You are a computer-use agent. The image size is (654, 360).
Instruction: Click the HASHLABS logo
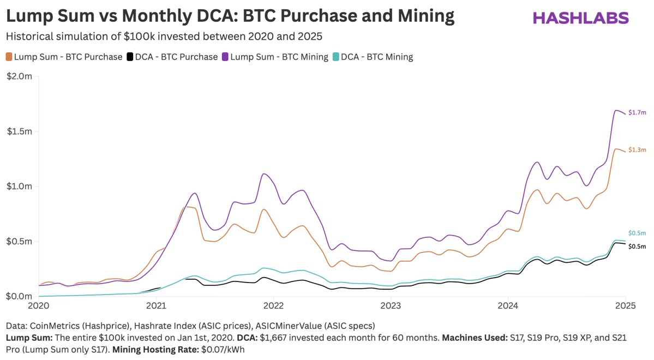[x=580, y=17]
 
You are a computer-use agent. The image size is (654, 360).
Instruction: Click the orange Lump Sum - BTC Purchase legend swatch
[x=9, y=57]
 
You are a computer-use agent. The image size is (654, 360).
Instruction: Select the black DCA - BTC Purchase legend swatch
[x=130, y=57]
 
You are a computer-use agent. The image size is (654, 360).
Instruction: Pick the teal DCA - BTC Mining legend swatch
[x=336, y=57]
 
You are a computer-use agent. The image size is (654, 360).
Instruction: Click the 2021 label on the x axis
[x=156, y=306]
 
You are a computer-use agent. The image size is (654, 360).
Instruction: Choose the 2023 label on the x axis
[x=391, y=306]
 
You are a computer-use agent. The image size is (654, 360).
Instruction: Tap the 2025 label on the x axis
[x=625, y=306]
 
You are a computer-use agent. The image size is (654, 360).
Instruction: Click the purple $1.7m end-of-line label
[x=637, y=113]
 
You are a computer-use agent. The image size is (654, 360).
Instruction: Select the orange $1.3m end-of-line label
[x=637, y=150]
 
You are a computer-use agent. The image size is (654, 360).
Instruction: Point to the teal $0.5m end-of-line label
[x=637, y=233]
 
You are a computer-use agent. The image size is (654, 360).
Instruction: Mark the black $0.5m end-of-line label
[x=637, y=247]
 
